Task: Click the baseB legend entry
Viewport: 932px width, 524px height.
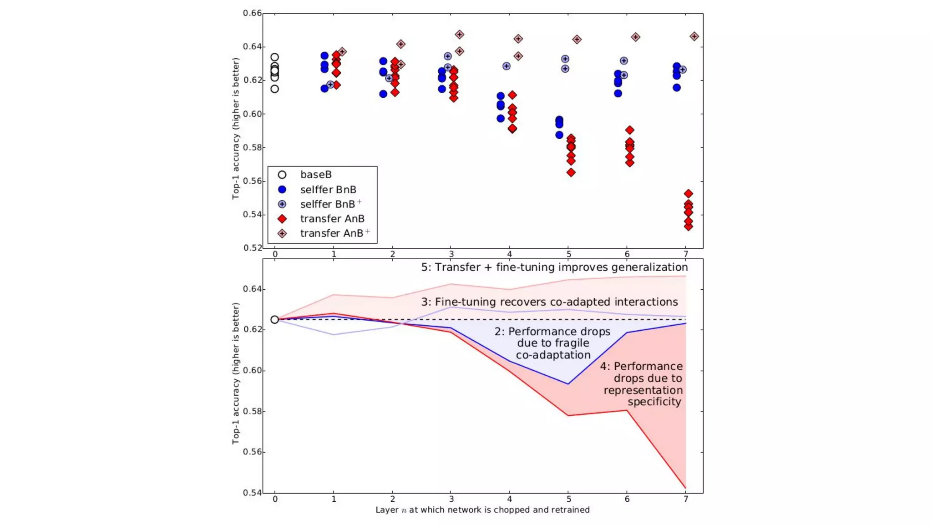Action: [315, 175]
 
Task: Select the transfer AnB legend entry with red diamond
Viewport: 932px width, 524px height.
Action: [332, 219]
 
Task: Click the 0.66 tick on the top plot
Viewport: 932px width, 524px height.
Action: [252, 13]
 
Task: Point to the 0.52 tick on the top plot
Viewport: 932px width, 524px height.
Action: [252, 248]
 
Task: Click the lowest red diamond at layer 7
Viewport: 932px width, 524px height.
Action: [688, 227]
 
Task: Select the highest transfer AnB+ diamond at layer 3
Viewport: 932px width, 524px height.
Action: [460, 35]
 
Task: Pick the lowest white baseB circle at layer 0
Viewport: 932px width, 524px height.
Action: [274, 89]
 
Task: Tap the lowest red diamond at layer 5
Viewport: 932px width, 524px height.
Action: [571, 172]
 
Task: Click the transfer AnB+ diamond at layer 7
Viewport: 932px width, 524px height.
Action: [694, 36]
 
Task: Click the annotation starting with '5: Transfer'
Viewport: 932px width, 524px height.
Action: [554, 267]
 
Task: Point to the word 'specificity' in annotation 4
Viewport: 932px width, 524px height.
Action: [654, 402]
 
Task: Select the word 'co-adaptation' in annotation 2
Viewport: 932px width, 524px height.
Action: [553, 355]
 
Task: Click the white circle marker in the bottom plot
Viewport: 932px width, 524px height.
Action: [274, 320]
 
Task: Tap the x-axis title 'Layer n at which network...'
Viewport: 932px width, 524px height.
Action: [482, 510]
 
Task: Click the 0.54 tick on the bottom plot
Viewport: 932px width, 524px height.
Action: [252, 493]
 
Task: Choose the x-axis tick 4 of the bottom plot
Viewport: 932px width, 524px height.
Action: [510, 499]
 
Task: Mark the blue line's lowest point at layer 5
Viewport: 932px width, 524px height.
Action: [568, 384]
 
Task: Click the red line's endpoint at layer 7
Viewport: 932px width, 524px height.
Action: [685, 488]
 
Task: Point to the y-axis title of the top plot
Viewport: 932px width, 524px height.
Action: [235, 128]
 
